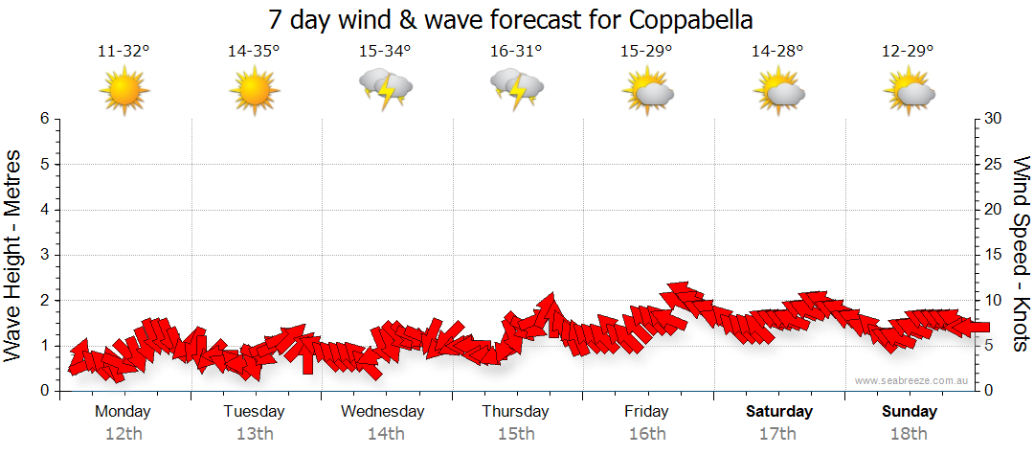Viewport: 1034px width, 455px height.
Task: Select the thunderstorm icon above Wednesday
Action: click(386, 90)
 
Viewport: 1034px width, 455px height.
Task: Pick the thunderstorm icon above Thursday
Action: click(517, 90)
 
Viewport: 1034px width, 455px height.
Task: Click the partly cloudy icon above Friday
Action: click(648, 92)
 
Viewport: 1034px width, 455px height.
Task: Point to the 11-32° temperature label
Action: click(124, 52)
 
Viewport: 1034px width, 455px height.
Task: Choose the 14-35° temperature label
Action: click(254, 52)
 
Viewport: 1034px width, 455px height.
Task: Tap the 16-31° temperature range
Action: click(516, 52)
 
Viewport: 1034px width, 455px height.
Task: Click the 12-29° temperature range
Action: click(908, 52)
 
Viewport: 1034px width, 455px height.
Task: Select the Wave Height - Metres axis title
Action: click(14, 255)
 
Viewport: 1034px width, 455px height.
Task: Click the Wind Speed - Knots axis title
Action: click(1020, 255)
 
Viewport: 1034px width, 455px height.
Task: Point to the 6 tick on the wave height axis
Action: click(44, 119)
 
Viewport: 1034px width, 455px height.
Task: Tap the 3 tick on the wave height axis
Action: click(44, 255)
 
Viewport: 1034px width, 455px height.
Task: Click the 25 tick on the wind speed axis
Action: click(996, 165)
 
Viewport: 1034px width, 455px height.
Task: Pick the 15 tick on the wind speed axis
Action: click(996, 255)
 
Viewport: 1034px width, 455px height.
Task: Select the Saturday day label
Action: click(779, 412)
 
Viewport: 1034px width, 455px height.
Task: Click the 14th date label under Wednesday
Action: click(385, 434)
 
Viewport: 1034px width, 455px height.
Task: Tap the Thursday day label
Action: click(515, 412)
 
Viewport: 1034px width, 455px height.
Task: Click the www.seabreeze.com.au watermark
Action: click(912, 380)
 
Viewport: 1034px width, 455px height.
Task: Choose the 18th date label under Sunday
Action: click(909, 434)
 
